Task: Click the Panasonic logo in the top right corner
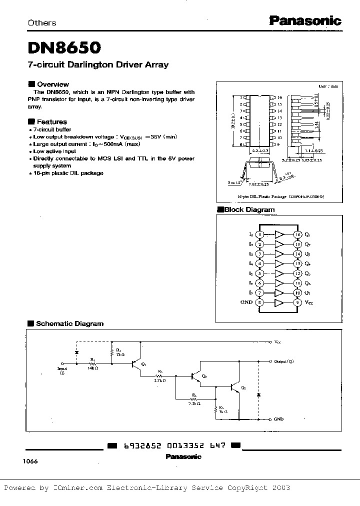[305, 20]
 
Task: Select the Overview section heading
[52, 84]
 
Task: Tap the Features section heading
[51, 121]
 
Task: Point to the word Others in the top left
[42, 22]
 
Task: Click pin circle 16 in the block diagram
[298, 234]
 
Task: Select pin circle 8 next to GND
[259, 302]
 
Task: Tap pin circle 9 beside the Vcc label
[298, 302]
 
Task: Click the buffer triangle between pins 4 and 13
[279, 263]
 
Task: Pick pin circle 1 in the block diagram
[259, 234]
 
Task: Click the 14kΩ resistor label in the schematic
[93, 367]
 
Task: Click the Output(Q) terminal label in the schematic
[284, 361]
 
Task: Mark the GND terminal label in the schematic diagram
[279, 419]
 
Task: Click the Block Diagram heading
[249, 210]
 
